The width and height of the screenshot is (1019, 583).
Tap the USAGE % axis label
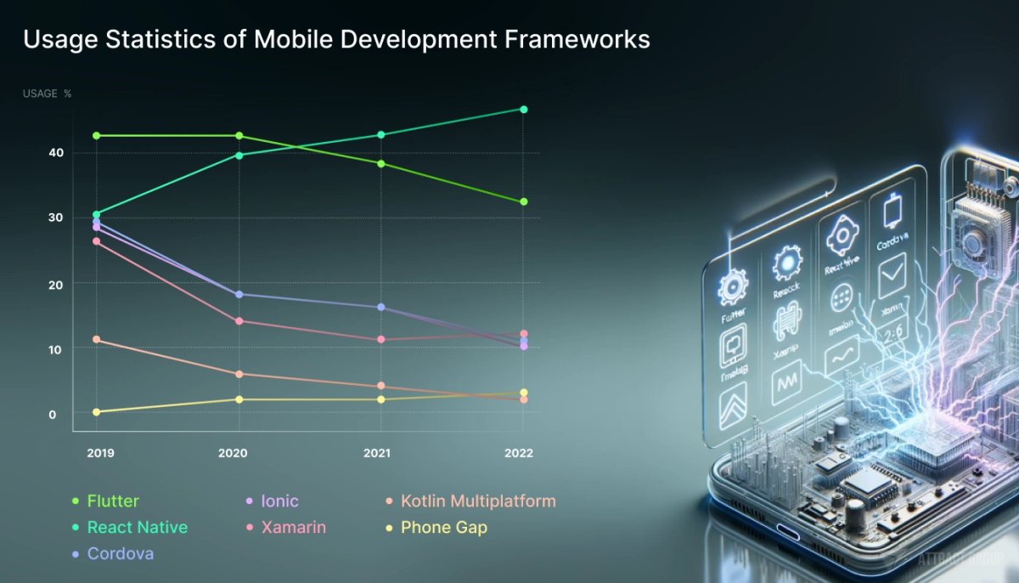coord(47,93)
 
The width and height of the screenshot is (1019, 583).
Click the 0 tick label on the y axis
coord(52,414)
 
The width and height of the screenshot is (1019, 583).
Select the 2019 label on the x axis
coord(101,453)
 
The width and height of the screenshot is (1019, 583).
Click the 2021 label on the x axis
coord(377,453)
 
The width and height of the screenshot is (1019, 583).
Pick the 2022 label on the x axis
coord(518,453)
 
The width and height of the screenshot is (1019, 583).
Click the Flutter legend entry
coord(112,501)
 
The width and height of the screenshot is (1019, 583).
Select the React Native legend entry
coord(137,528)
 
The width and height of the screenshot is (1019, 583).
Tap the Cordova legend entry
coord(121,554)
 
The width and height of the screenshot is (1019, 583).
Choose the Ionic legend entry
coord(279,501)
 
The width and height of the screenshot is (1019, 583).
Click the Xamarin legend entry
coord(293,528)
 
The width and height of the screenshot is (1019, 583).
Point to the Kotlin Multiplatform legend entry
coord(478,501)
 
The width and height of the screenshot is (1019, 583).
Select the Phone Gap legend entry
coord(443,528)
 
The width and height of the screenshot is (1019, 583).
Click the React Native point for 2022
coord(523,110)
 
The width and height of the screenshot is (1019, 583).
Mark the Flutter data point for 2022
coord(523,201)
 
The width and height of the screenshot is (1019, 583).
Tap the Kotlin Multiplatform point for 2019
coord(96,340)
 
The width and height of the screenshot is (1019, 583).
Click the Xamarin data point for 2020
coord(239,321)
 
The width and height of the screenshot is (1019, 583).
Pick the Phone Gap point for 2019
coord(96,412)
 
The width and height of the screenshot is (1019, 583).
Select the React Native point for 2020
coord(239,155)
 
